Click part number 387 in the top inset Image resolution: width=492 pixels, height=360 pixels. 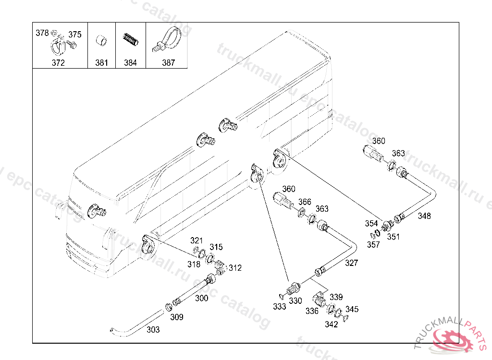click(x=168, y=63)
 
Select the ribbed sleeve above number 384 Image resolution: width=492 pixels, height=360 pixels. click(x=130, y=40)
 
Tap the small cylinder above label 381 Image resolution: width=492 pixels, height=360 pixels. click(x=101, y=41)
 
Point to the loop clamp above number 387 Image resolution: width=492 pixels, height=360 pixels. click(x=167, y=39)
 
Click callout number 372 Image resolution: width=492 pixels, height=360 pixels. click(x=58, y=63)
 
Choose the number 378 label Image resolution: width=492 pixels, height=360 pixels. click(x=42, y=33)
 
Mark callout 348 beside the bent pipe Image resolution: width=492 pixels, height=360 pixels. click(x=424, y=216)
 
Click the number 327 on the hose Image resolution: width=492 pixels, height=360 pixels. click(x=351, y=263)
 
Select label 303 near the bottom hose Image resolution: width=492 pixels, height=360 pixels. click(x=153, y=330)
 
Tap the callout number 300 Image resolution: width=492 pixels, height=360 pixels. click(x=201, y=298)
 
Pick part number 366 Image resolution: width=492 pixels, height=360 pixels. click(x=304, y=202)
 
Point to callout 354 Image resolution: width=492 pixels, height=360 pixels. click(x=371, y=223)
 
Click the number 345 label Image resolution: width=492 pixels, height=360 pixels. click(x=352, y=309)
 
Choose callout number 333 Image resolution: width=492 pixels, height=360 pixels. click(x=279, y=306)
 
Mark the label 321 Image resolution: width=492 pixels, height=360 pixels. click(x=197, y=240)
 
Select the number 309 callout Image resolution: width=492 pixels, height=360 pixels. click(x=177, y=317)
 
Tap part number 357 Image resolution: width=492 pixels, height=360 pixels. click(x=373, y=245)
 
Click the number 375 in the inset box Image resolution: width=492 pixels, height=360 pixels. click(x=74, y=34)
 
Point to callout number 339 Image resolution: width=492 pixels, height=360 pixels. click(x=336, y=297)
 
